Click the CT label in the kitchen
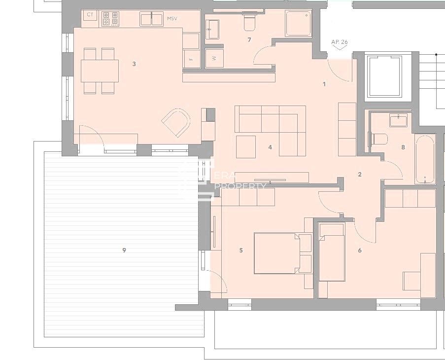point(90,15)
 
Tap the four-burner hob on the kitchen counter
point(110,19)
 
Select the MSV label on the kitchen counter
point(171,19)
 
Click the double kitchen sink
point(151,19)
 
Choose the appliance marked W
point(214,58)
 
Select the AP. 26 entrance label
point(340,42)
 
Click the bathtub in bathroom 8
point(424,159)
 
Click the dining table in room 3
point(100,70)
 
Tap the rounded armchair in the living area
point(176,123)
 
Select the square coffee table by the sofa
point(245,146)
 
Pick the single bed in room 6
point(332,252)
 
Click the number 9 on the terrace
point(124,250)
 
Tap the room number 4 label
point(270,147)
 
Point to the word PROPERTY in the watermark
point(241,186)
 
